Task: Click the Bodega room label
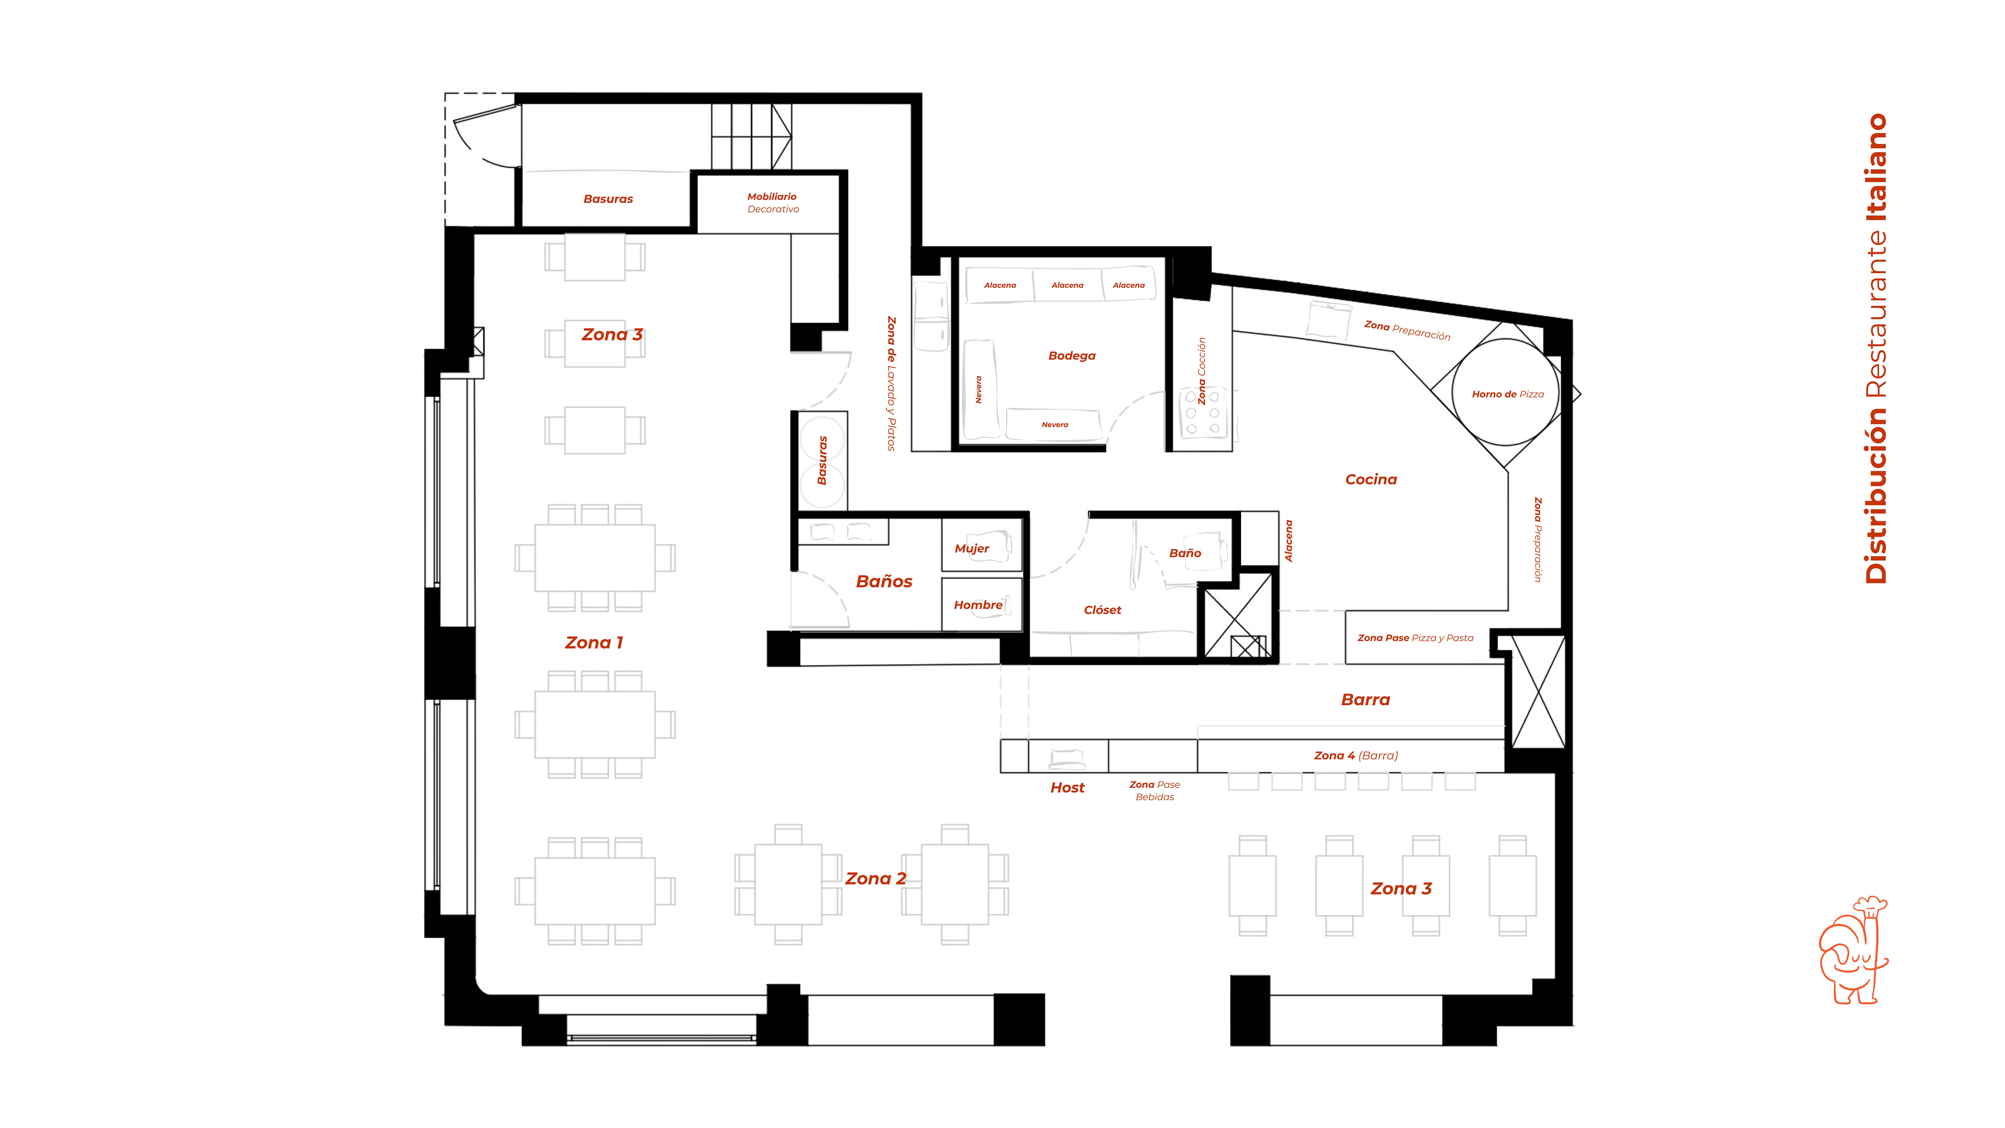[x=1072, y=356]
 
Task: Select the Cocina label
[x=1371, y=479]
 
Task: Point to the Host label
[x=1067, y=788]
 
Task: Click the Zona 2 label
[x=876, y=879]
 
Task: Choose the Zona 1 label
[x=594, y=643]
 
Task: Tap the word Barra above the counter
[x=1365, y=700]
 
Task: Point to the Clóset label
[x=1102, y=610]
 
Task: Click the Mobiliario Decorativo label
[x=772, y=203]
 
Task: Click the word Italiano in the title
[x=1877, y=168]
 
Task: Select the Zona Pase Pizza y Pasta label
[x=1415, y=638]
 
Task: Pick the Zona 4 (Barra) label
[x=1356, y=756]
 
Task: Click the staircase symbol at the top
[x=751, y=136]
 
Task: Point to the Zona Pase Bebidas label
[x=1154, y=791]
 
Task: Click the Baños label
[x=883, y=582]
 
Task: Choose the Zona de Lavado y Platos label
[x=891, y=384]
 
